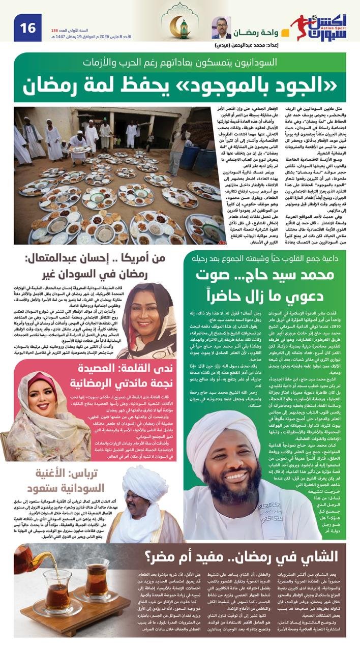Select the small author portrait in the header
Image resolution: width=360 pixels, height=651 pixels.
point(221,27)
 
